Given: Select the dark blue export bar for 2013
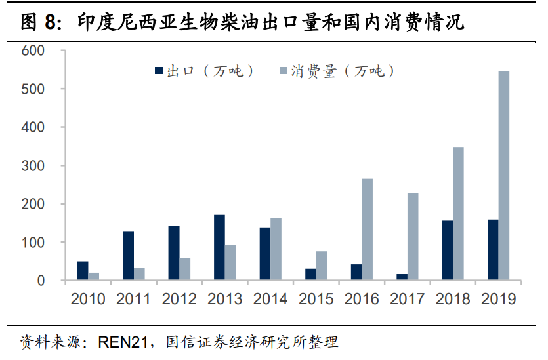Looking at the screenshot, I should [219, 248].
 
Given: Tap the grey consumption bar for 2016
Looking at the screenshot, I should [367, 230].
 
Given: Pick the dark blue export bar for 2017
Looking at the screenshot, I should [402, 277].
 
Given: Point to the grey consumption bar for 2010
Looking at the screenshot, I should [94, 277].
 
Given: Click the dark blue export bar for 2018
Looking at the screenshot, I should [447, 250].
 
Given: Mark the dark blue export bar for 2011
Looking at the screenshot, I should [128, 256].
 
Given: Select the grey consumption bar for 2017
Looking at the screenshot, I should [413, 237].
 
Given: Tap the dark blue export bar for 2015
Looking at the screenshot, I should [310, 275].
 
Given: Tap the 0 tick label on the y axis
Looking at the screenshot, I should [41, 281].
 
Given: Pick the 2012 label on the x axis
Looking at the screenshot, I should [179, 299].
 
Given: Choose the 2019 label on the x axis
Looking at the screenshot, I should [498, 299].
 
